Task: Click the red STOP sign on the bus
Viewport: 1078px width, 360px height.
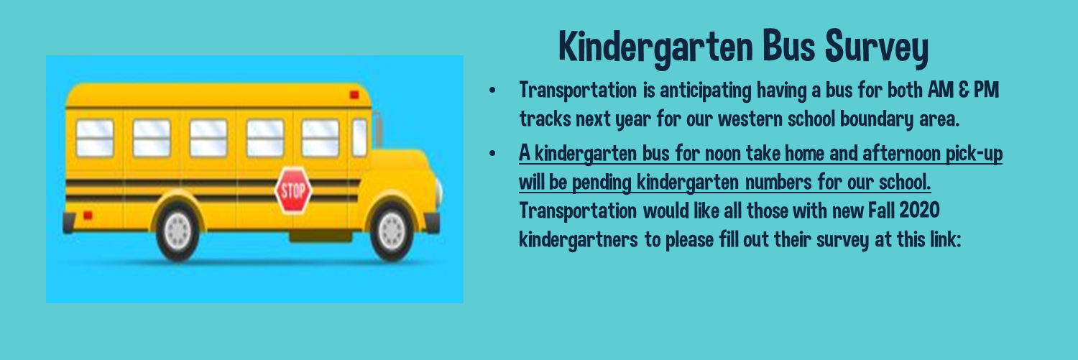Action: click(293, 190)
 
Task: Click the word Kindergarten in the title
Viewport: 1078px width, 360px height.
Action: click(656, 47)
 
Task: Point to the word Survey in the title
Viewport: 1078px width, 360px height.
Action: click(877, 47)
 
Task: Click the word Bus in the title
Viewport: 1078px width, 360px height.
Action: click(788, 46)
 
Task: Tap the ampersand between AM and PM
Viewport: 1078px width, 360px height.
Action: click(964, 90)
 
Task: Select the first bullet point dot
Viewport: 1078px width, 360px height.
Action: click(492, 90)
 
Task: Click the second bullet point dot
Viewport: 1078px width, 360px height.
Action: click(492, 154)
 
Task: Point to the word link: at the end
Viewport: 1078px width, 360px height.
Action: click(945, 239)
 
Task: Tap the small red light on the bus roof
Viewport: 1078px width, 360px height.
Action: click(354, 95)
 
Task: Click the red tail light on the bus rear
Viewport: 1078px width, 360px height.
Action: click(88, 215)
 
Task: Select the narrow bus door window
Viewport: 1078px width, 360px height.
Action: click(359, 138)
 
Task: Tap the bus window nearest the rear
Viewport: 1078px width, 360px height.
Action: click(95, 138)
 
